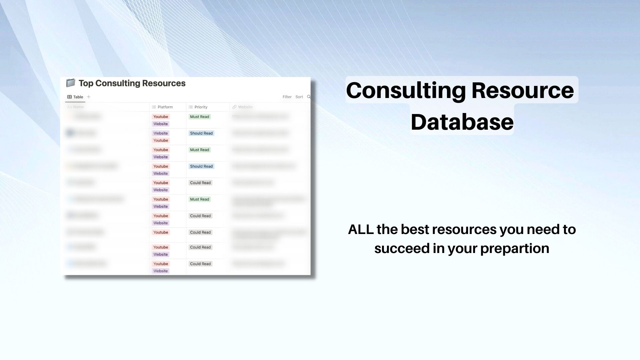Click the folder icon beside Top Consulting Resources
click(70, 83)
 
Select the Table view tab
click(75, 97)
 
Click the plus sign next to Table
click(89, 97)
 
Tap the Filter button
click(287, 97)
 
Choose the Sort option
click(299, 97)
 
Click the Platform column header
click(165, 107)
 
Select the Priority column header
click(201, 107)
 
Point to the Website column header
click(245, 107)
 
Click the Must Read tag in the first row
click(199, 117)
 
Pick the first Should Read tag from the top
click(201, 133)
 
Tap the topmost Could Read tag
click(200, 183)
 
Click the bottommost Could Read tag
click(200, 264)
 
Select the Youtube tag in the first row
click(161, 117)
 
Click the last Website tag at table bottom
click(161, 271)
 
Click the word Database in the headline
click(462, 122)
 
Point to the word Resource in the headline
click(522, 90)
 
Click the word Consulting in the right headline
click(406, 90)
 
